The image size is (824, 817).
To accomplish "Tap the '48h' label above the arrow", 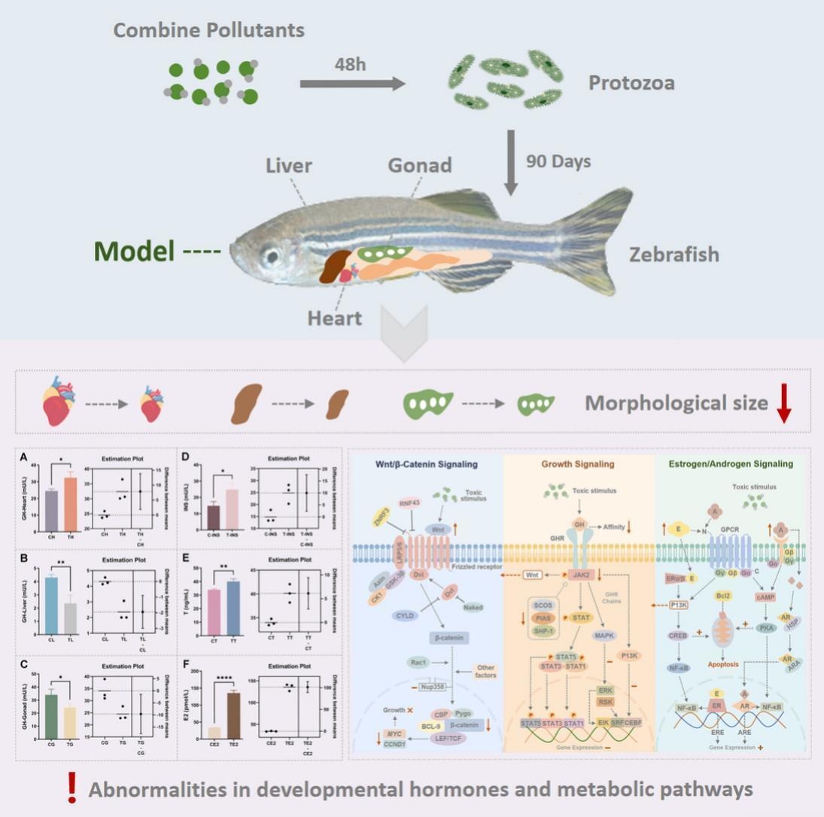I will [x=350, y=64].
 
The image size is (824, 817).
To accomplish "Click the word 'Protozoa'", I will [x=631, y=82].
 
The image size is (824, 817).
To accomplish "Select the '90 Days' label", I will [x=558, y=161].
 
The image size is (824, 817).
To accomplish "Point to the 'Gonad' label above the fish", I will [x=419, y=166].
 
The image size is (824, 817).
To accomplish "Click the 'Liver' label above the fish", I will [x=288, y=166].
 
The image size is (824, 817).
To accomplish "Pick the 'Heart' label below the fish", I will [x=334, y=318].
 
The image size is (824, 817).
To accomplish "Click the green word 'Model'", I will [x=135, y=251].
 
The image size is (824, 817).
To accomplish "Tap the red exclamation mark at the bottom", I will [x=72, y=787].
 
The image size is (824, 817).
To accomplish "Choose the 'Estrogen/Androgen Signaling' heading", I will [x=730, y=464].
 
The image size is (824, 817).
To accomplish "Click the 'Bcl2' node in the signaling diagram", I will [x=724, y=596].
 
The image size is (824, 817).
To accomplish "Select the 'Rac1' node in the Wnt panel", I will [x=418, y=663].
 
